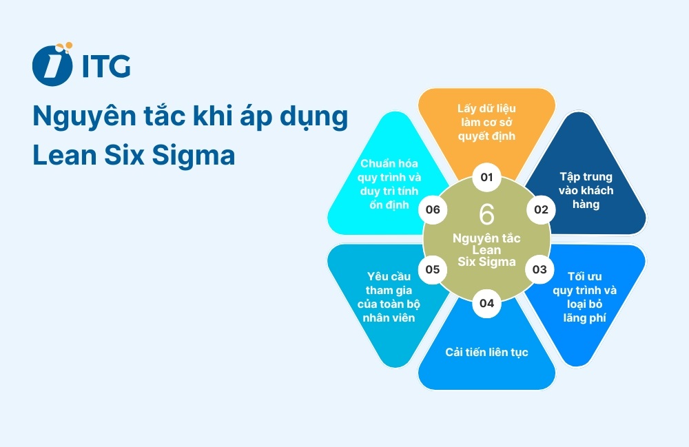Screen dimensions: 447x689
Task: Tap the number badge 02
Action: coord(541,209)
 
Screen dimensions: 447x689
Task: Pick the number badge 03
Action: coord(539,269)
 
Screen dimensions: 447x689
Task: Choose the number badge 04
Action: coord(487,302)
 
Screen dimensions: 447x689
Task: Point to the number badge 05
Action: coord(433,269)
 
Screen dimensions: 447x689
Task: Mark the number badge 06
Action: coord(433,209)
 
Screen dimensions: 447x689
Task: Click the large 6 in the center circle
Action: coord(486,214)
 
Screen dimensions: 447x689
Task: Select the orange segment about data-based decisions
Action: coord(486,122)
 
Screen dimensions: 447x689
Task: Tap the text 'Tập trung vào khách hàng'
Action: coord(586,190)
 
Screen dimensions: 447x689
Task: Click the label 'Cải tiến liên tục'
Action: coord(486,352)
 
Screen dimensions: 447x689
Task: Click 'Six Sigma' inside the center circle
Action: coord(486,261)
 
